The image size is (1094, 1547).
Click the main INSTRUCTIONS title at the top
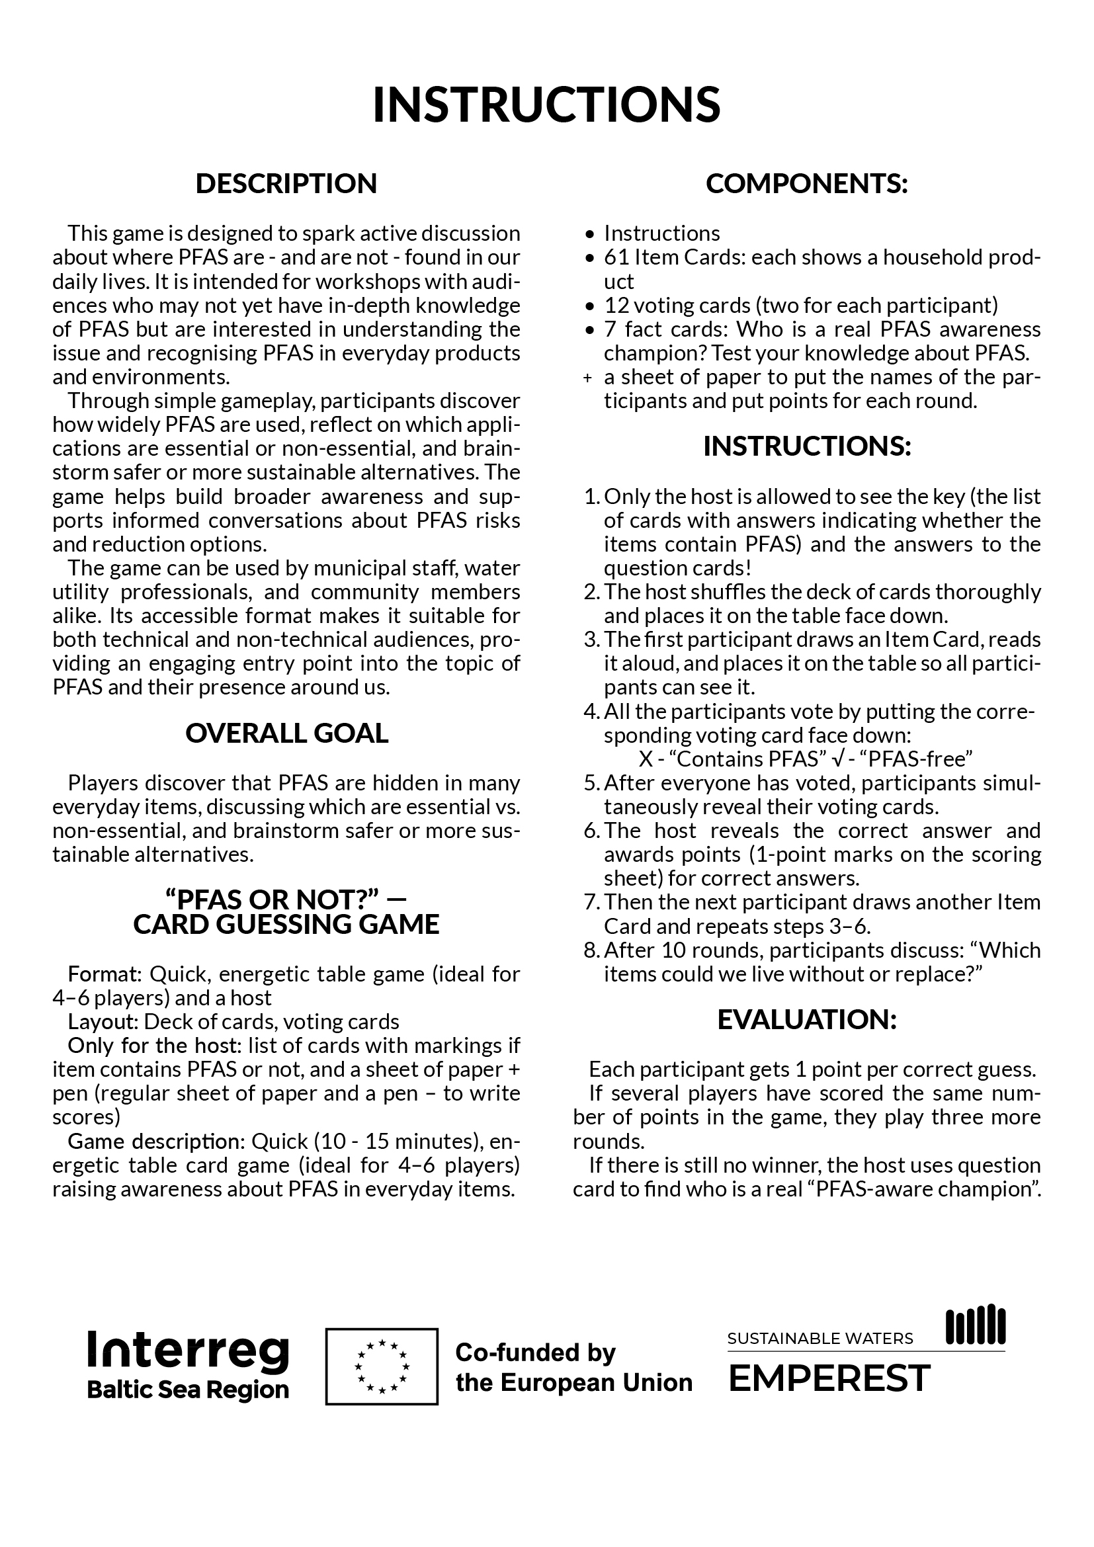point(546,105)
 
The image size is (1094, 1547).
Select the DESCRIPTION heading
point(286,184)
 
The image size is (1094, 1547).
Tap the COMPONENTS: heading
point(806,184)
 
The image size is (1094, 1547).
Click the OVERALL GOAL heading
point(286,733)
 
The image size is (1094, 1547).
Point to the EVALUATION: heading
point(806,1019)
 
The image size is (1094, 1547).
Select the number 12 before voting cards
point(616,305)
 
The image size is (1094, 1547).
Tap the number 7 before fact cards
point(610,329)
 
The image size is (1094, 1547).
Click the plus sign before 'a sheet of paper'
point(587,378)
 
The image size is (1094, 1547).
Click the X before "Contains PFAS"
point(646,759)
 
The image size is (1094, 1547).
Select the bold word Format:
point(105,974)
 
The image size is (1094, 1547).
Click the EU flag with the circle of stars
point(381,1366)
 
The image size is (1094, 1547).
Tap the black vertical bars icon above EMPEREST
point(976,1325)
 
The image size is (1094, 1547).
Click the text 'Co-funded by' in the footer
point(536,1352)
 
